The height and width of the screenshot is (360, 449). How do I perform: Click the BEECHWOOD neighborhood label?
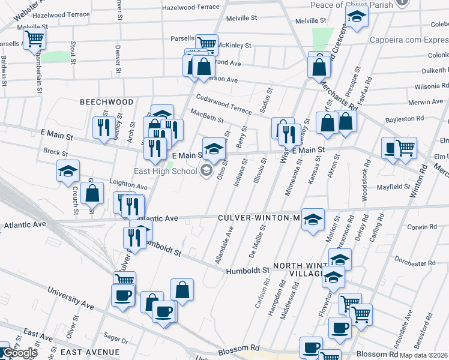coord(107,102)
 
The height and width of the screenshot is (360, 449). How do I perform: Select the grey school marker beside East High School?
coord(206,171)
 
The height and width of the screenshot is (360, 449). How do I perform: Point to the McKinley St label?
coord(234,45)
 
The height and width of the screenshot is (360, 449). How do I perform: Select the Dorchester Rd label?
coord(416,263)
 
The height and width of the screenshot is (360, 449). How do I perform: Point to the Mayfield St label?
coord(393,187)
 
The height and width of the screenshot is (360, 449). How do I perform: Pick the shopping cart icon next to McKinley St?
coord(207,43)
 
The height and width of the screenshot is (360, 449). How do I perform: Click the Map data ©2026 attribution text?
coord(424,355)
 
